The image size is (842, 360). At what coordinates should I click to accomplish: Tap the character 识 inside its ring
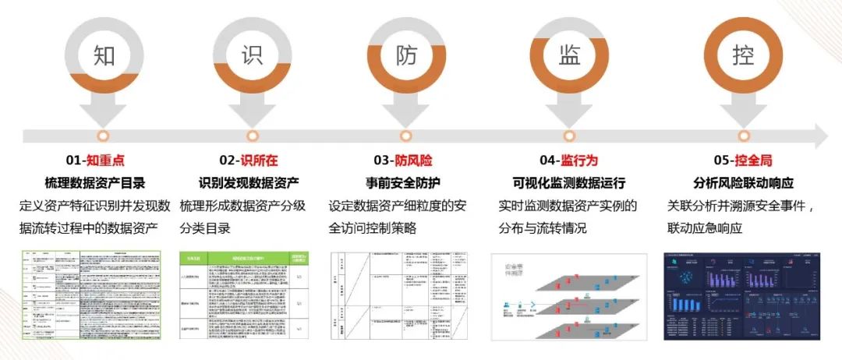point(252,56)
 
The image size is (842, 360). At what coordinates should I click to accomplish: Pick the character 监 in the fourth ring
point(569,56)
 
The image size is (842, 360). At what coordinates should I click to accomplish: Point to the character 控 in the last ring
point(743,56)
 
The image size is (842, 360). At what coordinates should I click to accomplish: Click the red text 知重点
point(105,161)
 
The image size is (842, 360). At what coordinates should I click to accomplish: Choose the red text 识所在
point(259,161)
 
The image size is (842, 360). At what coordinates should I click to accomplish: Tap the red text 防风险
point(413,161)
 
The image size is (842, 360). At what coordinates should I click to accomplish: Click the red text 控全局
point(752,161)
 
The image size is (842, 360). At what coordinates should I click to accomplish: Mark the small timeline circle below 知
point(104,137)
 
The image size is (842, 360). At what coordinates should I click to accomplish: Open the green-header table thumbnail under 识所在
point(246,296)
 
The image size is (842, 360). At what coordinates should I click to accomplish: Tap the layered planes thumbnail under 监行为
point(568,296)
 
